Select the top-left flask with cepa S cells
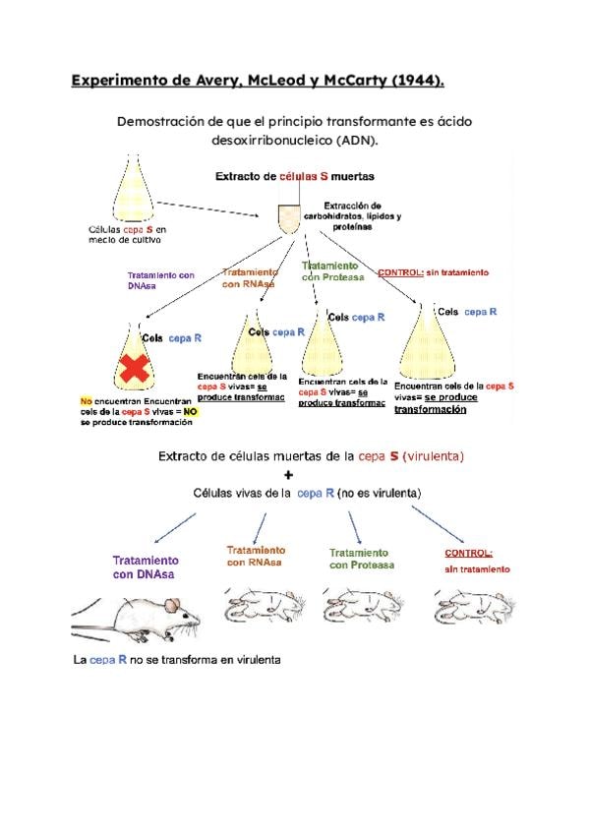pyautogui.click(x=135, y=191)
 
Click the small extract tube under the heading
pyautogui.click(x=288, y=218)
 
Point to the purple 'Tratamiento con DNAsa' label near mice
pyautogui.click(x=146, y=567)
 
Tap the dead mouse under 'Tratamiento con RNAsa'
pyautogui.click(x=255, y=601)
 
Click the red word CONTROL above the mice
pyautogui.click(x=468, y=553)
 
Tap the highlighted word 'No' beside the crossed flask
pyautogui.click(x=86, y=402)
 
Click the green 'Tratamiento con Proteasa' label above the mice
pyautogui.click(x=359, y=559)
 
